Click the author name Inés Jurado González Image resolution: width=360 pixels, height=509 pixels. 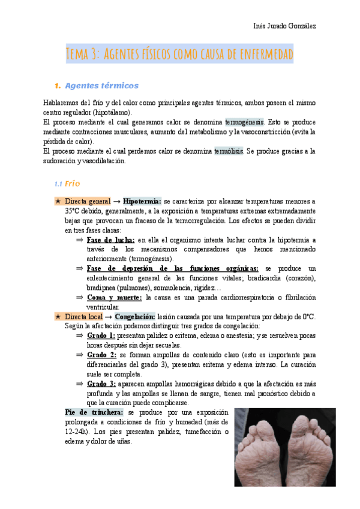click(286, 26)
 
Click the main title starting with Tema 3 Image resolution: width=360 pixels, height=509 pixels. click(180, 55)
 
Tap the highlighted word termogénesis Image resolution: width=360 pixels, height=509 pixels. click(244, 121)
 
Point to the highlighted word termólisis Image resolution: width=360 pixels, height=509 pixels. click(229, 151)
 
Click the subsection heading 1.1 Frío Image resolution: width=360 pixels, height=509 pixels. click(67, 183)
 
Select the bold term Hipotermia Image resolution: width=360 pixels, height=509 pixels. click(142, 201)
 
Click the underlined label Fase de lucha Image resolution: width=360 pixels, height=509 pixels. click(110, 239)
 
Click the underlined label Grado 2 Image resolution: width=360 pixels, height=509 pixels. click(101, 355)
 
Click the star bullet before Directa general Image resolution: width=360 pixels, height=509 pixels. click(57, 201)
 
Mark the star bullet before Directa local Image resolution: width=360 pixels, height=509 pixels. click(57, 316)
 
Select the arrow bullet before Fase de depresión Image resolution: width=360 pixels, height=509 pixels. click(79, 268)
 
